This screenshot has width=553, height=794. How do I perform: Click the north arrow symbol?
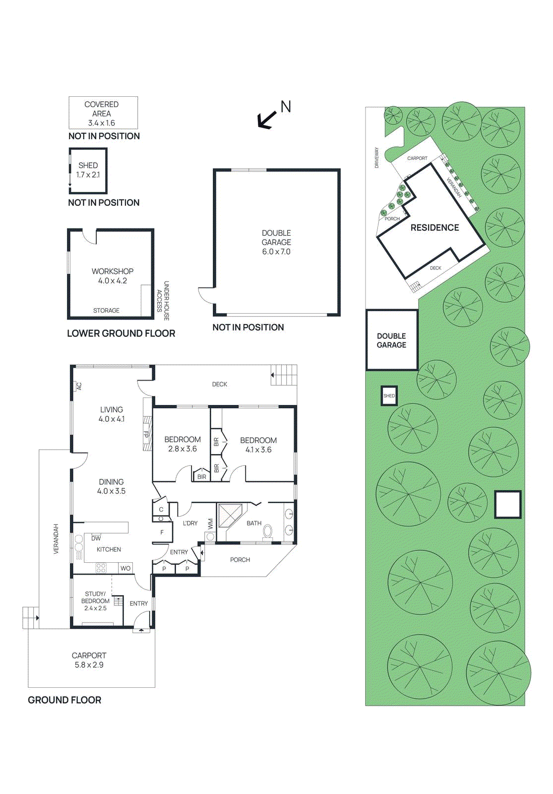pos(267,119)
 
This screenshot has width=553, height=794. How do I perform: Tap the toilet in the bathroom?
pos(268,531)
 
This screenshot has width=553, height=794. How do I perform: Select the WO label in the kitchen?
pos(125,568)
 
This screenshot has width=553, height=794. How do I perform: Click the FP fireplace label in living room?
pos(146,433)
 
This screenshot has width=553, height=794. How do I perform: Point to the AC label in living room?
pos(79,386)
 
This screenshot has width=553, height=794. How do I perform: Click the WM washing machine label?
pos(210,524)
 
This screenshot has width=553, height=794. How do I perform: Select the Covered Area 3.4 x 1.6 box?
pos(103,113)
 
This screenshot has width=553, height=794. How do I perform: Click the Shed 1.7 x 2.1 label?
pos(88,170)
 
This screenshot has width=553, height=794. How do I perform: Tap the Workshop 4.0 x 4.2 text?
pos(113,276)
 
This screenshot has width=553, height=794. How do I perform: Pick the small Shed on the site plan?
pos(389,396)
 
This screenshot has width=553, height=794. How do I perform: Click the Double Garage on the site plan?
pos(391,340)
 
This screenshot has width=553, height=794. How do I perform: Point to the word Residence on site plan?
pos(434,228)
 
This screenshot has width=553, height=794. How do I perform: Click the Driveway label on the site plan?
pos(376,157)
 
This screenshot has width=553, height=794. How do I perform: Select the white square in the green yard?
pos(507,505)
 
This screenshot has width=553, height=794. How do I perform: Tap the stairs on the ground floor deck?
pos(284,375)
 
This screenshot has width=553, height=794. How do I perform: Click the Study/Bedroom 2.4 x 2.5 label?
pos(95,600)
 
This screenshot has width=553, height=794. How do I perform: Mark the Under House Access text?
pos(163,301)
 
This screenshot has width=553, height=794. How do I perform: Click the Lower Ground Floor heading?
pos(121,333)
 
